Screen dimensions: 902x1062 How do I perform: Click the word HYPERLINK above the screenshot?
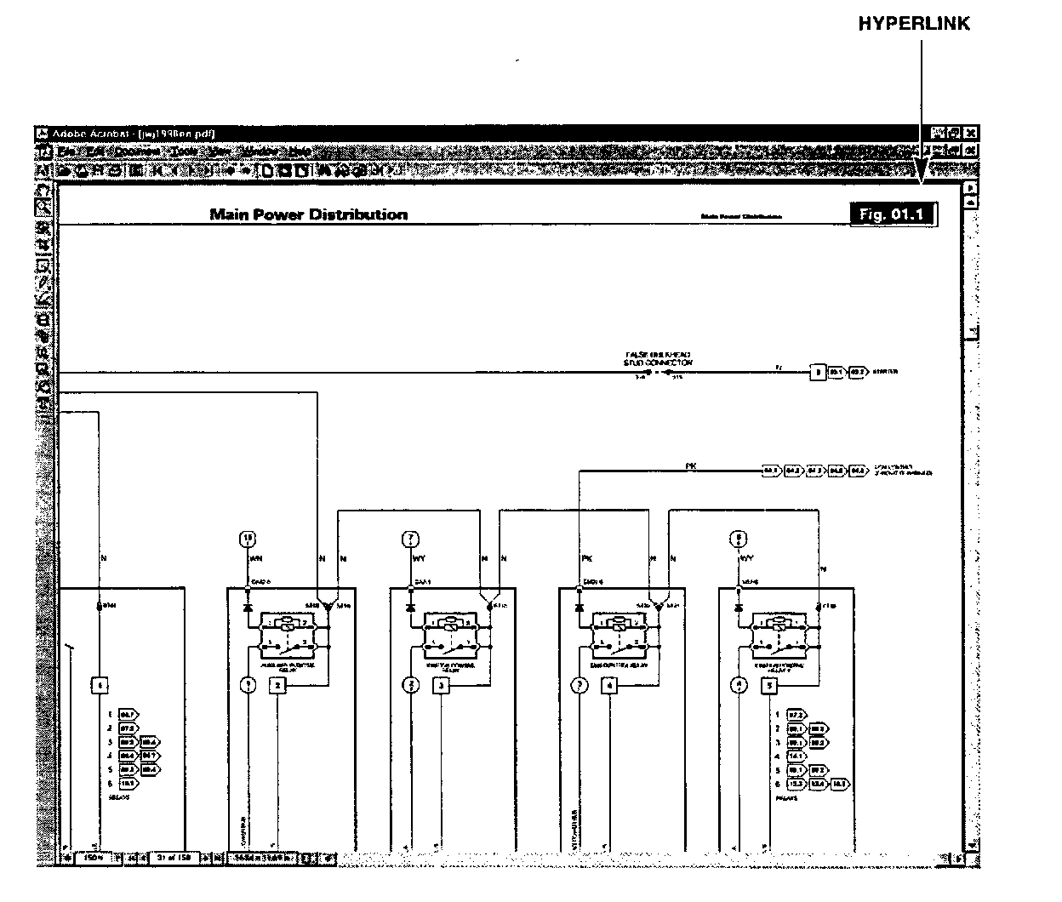pyautogui.click(x=913, y=24)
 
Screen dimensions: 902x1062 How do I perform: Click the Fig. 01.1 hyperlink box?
pyautogui.click(x=892, y=214)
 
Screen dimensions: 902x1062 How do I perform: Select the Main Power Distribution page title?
pyautogui.click(x=308, y=214)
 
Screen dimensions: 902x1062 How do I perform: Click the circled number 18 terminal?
pyautogui.click(x=248, y=538)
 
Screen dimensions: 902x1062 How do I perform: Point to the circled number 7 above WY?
pyautogui.click(x=411, y=538)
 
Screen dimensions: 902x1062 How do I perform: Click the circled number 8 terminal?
pyautogui.click(x=740, y=538)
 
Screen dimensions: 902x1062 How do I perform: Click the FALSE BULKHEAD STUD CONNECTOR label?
pyautogui.click(x=658, y=357)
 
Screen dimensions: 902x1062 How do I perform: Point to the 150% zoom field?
pyautogui.click(x=94, y=858)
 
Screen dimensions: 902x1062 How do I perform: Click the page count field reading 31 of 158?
pyautogui.click(x=176, y=858)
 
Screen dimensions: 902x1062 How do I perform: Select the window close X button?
pyautogui.click(x=971, y=134)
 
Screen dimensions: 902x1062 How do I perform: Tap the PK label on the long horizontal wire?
pyautogui.click(x=691, y=465)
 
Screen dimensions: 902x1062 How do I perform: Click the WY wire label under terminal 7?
pyautogui.click(x=420, y=560)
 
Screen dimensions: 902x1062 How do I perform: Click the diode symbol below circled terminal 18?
pyautogui.click(x=248, y=608)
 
